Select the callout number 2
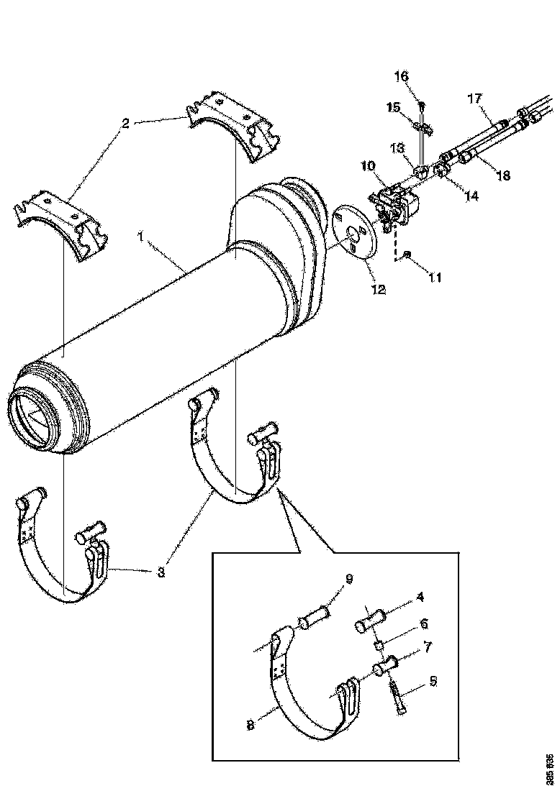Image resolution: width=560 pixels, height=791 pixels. (125, 123)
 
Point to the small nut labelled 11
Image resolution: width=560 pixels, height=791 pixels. (407, 255)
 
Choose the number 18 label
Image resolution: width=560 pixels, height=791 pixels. (503, 175)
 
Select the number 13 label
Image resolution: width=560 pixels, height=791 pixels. (397, 147)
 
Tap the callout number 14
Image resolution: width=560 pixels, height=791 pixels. (471, 194)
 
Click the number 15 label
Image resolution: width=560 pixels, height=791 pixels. (394, 107)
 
